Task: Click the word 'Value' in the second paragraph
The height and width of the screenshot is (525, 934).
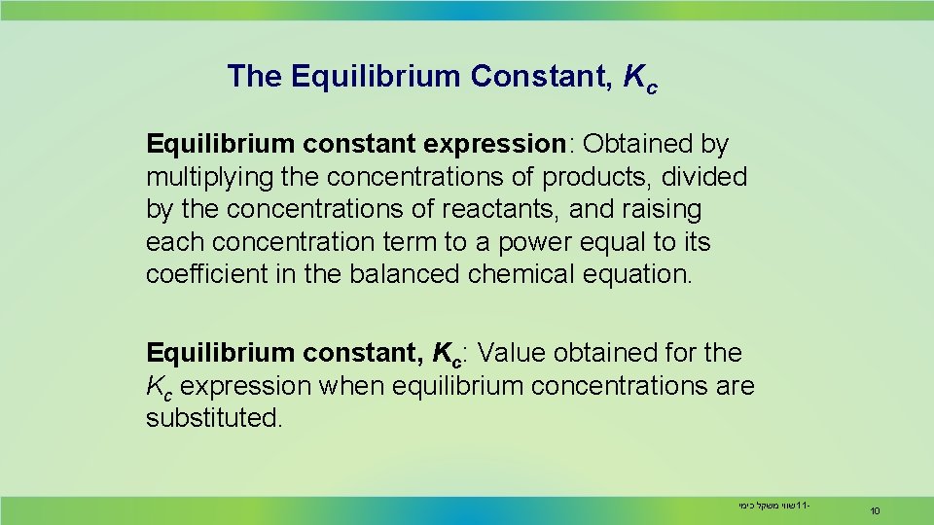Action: tap(514, 353)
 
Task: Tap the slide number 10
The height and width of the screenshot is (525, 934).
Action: tap(876, 510)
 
